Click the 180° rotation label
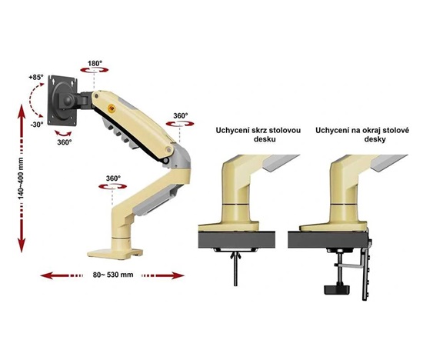click(95, 64)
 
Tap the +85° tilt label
click(36, 78)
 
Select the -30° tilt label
click(37, 125)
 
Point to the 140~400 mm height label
click(21, 178)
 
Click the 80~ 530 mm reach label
click(113, 275)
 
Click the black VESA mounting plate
click(62, 101)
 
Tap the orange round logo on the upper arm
click(111, 108)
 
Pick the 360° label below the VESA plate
click(65, 142)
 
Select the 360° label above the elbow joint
click(180, 116)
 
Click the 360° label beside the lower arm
click(113, 178)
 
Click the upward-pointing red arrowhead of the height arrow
click(22, 112)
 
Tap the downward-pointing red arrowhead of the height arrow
click(22, 245)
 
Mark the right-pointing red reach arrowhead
click(178, 275)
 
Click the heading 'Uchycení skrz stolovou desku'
click(258, 135)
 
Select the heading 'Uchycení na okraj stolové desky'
click(362, 135)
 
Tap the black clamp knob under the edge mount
click(336, 289)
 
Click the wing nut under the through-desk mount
click(235, 255)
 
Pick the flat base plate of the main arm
click(115, 254)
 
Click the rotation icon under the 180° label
click(95, 70)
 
